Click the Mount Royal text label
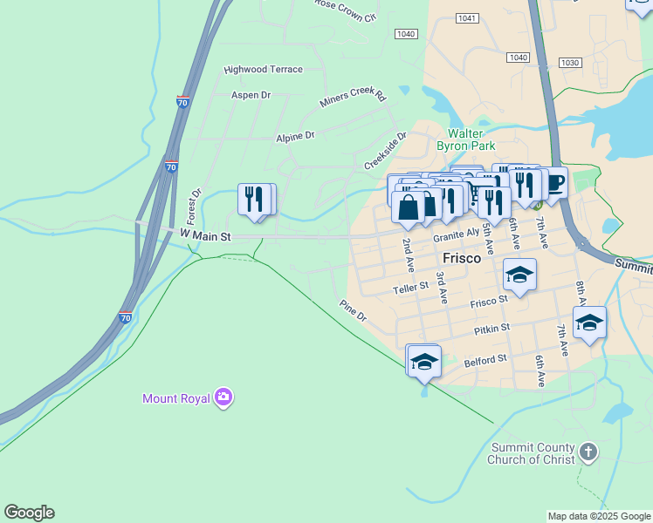coord(176,398)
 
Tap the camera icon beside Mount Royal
coord(224,397)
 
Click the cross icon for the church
coord(589,452)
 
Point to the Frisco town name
coord(462,258)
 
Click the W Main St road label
coord(204,235)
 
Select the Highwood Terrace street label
coord(263,70)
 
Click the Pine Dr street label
coord(353,310)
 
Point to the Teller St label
coord(410,288)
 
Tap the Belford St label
coord(485,360)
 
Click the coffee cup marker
coord(554,183)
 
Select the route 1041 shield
coord(468,18)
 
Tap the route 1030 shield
coord(570,63)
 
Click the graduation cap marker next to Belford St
coord(423,361)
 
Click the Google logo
coord(29,513)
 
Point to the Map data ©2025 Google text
coord(599,516)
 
